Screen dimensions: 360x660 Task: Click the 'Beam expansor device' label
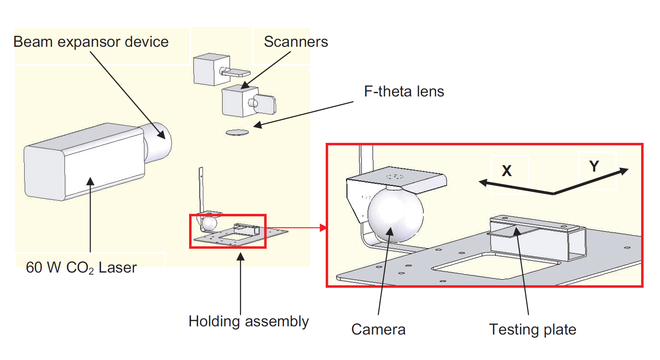[x=91, y=42]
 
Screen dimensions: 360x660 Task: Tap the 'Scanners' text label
[x=296, y=42]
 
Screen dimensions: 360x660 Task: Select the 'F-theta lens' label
[x=404, y=92]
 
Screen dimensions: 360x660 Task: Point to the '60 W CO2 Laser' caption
[x=81, y=268]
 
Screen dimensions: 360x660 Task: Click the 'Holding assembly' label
[x=248, y=321]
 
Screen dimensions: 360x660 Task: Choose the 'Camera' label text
[x=378, y=330]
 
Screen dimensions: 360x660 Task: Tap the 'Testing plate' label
[x=532, y=330]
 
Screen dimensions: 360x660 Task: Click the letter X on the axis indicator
[x=507, y=171]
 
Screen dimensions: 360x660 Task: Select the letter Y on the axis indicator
[x=594, y=166]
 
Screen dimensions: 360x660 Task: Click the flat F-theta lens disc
[x=237, y=132]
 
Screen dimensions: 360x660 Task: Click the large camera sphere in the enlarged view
[x=395, y=214]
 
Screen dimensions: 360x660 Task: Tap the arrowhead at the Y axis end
[x=624, y=171]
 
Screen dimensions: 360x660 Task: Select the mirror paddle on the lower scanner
[x=267, y=104]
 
